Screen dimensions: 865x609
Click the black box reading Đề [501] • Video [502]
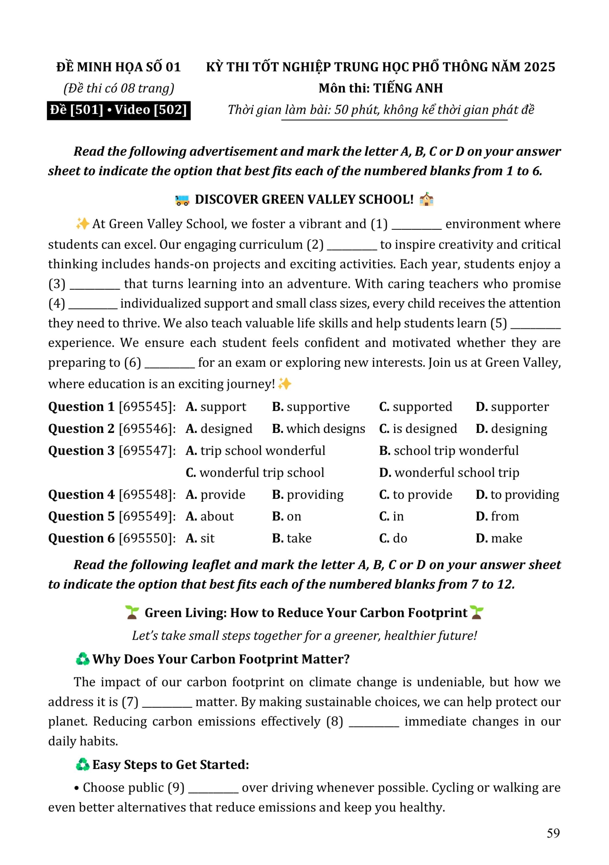(118, 110)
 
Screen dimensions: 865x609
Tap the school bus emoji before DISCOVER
(182, 200)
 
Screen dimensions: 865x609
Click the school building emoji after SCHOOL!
(426, 199)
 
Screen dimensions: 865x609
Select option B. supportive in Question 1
(311, 407)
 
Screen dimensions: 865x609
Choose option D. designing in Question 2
(511, 429)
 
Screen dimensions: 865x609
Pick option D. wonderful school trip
(449, 473)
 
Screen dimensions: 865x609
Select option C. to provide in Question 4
(415, 495)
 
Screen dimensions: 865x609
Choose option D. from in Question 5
(497, 516)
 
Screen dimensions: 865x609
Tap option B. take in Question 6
(292, 538)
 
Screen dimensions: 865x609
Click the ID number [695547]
(147, 451)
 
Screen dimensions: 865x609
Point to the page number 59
(553, 833)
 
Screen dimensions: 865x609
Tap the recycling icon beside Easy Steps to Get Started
(82, 765)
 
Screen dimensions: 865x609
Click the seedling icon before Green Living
(132, 613)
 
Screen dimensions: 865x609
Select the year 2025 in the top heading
(540, 67)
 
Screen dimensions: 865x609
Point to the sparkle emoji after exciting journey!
(285, 384)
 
